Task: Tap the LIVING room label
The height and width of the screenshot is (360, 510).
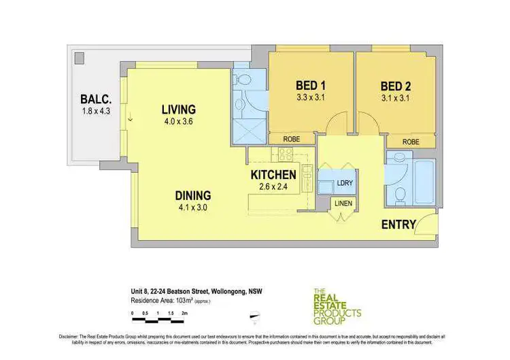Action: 178,110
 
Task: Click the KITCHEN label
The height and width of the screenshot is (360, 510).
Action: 273,175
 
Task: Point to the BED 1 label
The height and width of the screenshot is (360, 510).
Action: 311,86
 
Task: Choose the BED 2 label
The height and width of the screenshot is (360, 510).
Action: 395,86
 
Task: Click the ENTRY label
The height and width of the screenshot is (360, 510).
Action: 398,225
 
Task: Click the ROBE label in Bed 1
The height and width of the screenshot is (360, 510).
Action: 290,140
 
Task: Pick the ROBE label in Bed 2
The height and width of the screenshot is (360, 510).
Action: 410,142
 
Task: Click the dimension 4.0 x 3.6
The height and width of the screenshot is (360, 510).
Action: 178,122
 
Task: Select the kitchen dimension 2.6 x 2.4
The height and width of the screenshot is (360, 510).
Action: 273,187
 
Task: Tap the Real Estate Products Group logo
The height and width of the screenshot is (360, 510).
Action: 336,306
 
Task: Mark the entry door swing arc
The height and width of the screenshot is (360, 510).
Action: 426,222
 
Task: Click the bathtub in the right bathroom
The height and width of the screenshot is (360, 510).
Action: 424,180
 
